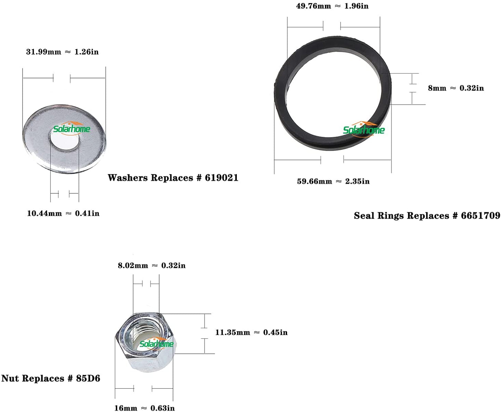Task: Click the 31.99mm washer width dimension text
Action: click(43, 52)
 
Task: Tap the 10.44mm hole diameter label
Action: click(44, 213)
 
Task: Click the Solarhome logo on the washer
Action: click(71, 128)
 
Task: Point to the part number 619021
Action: click(222, 178)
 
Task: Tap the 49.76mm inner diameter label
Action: click(313, 6)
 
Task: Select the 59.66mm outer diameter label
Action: click(314, 181)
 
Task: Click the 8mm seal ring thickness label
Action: click(437, 88)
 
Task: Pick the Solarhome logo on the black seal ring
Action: click(364, 129)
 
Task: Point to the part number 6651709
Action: click(480, 216)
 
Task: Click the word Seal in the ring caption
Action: click(364, 216)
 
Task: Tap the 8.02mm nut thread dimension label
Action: click(133, 266)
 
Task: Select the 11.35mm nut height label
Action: click(233, 333)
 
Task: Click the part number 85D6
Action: click(88, 378)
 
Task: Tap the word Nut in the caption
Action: click(10, 378)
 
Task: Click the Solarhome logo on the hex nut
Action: click(156, 344)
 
